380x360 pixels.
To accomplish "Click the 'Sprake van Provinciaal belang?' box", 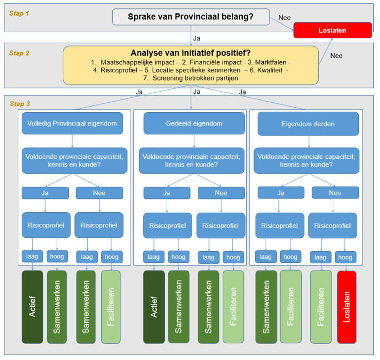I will point(191,17).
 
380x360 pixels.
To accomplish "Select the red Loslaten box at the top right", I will point(333,30).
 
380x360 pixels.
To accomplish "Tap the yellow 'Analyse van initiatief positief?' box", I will point(191,65).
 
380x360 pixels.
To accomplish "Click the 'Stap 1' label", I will point(20,13).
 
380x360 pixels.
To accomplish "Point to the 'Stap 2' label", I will point(20,53).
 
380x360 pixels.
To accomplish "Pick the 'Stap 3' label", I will point(21,103).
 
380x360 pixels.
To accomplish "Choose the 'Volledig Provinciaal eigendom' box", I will point(72,123).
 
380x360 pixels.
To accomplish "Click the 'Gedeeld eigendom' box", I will point(194,123).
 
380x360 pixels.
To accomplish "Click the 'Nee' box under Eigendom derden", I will point(335,193).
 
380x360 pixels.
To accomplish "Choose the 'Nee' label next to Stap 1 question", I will point(284,18).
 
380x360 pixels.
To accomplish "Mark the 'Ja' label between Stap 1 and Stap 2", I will point(197,38).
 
